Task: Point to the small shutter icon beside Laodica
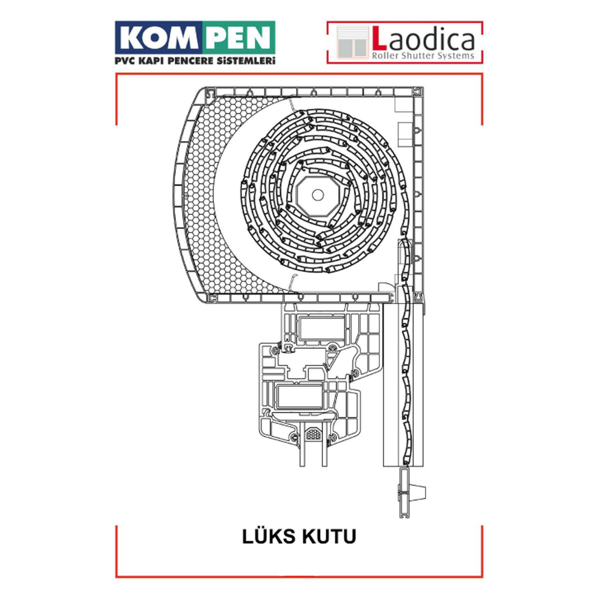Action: (x=352, y=42)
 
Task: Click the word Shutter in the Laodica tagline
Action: (x=418, y=55)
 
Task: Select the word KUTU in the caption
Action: (x=329, y=537)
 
